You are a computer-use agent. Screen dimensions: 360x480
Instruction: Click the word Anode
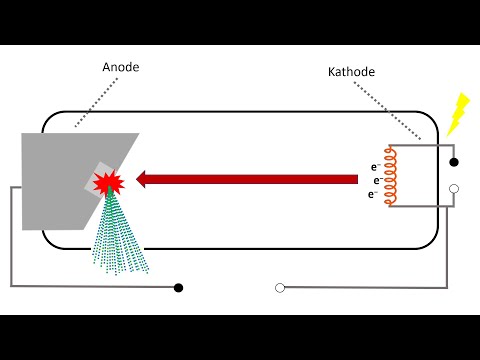point(120,68)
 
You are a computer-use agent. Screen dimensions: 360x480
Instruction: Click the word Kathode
point(350,72)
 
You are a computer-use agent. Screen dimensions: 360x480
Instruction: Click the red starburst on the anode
point(106,183)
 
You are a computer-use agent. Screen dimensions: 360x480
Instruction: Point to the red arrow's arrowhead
point(144,179)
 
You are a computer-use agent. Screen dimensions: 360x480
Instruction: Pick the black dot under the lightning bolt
point(453,161)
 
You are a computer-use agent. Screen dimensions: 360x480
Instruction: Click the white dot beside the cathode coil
point(453,188)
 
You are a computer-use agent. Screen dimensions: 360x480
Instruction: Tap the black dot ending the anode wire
point(178,288)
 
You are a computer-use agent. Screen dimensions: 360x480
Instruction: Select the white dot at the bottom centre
point(279,288)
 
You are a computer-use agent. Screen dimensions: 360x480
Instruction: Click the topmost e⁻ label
point(375,166)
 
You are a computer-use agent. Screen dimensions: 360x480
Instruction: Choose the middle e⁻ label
point(378,180)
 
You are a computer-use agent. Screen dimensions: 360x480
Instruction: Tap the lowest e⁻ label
point(373,194)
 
